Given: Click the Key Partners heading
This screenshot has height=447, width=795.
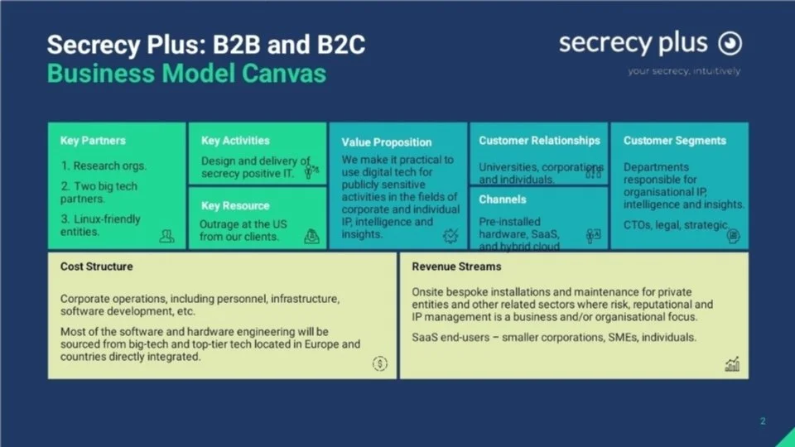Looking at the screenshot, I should [93, 141].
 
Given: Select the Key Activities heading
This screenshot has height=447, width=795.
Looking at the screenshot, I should [235, 141].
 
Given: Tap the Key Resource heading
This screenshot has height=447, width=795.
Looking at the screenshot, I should [234, 205].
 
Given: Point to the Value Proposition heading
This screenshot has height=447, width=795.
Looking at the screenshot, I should [387, 142].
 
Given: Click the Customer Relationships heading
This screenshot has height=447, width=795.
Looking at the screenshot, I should [539, 141].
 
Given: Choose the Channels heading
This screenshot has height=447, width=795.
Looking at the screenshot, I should [503, 199].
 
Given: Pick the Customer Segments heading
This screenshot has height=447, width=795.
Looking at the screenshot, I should [674, 141].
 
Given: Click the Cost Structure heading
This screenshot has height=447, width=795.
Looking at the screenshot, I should [96, 267].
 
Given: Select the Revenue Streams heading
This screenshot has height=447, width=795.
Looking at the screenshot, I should [456, 267].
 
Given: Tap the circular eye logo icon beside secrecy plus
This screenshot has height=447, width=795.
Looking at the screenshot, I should [729, 43].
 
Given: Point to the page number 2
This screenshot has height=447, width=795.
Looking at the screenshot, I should [763, 421].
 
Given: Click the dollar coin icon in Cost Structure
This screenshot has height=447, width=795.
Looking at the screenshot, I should [379, 363].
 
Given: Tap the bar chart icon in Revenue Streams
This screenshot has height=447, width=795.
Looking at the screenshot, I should [732, 363].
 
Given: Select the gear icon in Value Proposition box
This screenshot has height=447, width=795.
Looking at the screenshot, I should [451, 236].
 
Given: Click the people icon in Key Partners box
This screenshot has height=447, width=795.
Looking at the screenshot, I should [167, 236].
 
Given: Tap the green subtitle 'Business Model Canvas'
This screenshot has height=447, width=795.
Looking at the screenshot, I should [186, 74].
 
